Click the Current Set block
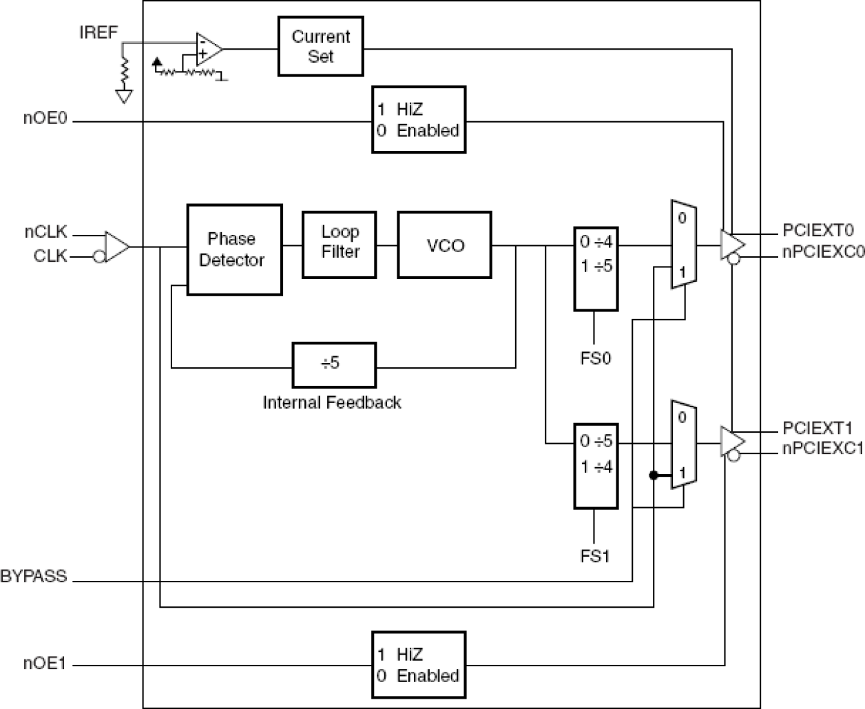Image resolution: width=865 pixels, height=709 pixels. click(x=320, y=46)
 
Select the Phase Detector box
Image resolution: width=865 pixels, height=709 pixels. click(x=234, y=249)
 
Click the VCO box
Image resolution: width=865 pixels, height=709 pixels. click(x=444, y=245)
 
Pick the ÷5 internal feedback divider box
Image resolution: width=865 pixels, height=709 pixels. click(x=334, y=364)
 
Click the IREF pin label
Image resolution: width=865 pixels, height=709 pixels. click(x=98, y=32)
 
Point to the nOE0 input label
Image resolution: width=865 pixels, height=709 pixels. click(x=45, y=118)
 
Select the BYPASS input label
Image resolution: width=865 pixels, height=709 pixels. click(x=34, y=576)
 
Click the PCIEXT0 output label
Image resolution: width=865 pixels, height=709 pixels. click(x=818, y=230)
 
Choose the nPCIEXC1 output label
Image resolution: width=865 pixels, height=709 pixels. click(x=822, y=449)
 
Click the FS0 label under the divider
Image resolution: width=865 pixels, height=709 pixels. click(x=595, y=358)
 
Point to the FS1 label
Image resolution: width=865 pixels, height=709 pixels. click(x=595, y=556)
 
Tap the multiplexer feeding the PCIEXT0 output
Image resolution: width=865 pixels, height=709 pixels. click(x=683, y=245)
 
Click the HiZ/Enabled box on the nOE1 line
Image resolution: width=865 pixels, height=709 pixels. click(x=419, y=665)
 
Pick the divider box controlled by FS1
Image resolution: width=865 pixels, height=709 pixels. click(x=596, y=466)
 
